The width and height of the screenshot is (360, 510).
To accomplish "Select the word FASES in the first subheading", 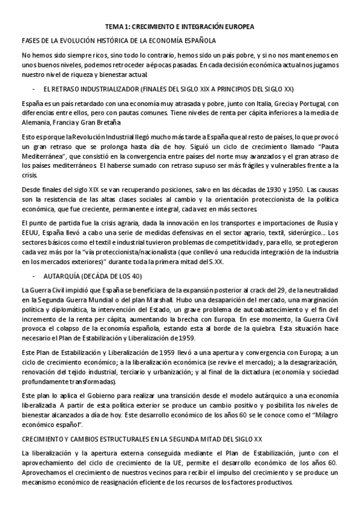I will (31, 40).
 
